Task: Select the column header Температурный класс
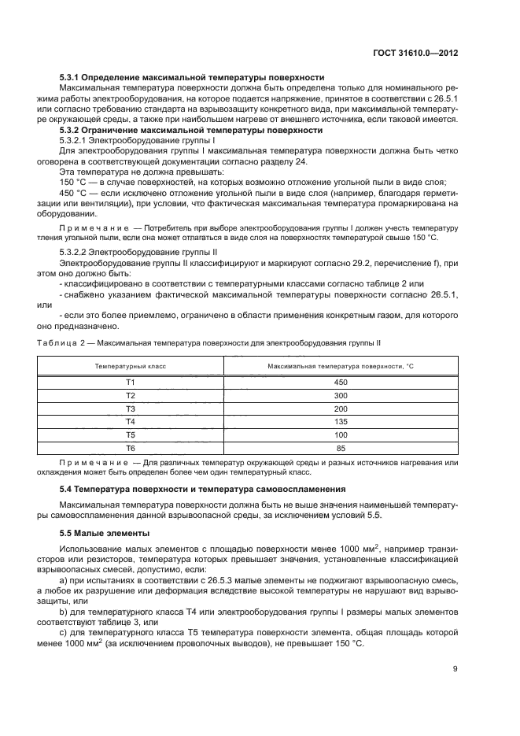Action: (x=131, y=367)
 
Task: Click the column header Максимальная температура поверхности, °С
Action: (x=341, y=367)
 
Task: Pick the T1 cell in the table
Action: (x=131, y=382)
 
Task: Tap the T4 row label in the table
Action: (x=131, y=421)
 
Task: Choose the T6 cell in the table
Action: (x=131, y=447)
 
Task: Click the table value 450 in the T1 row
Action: (x=341, y=382)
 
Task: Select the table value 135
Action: (x=341, y=421)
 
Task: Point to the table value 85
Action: (x=341, y=447)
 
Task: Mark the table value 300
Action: (x=341, y=395)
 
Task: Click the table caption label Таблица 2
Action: (x=64, y=343)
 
